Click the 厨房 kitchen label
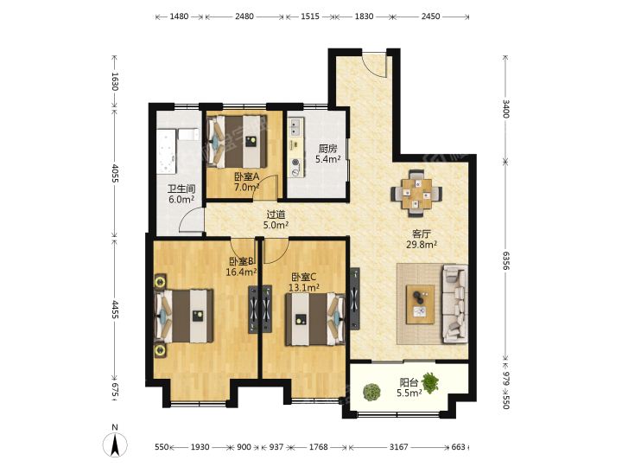click(327, 149)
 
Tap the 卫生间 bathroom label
click(181, 189)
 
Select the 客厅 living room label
click(422, 233)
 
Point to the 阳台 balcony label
click(409, 382)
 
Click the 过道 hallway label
click(276, 214)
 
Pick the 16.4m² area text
click(241, 272)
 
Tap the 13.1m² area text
click(304, 287)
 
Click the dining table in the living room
click(416, 194)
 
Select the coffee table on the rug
click(420, 304)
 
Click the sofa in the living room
click(455, 304)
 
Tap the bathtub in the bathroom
click(167, 150)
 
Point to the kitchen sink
click(295, 126)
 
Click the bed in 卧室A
click(236, 141)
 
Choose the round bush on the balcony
click(371, 392)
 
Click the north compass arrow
click(115, 445)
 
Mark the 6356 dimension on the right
click(505, 260)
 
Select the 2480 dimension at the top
click(244, 16)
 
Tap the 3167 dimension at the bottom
click(398, 447)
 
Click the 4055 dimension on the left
click(115, 174)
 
